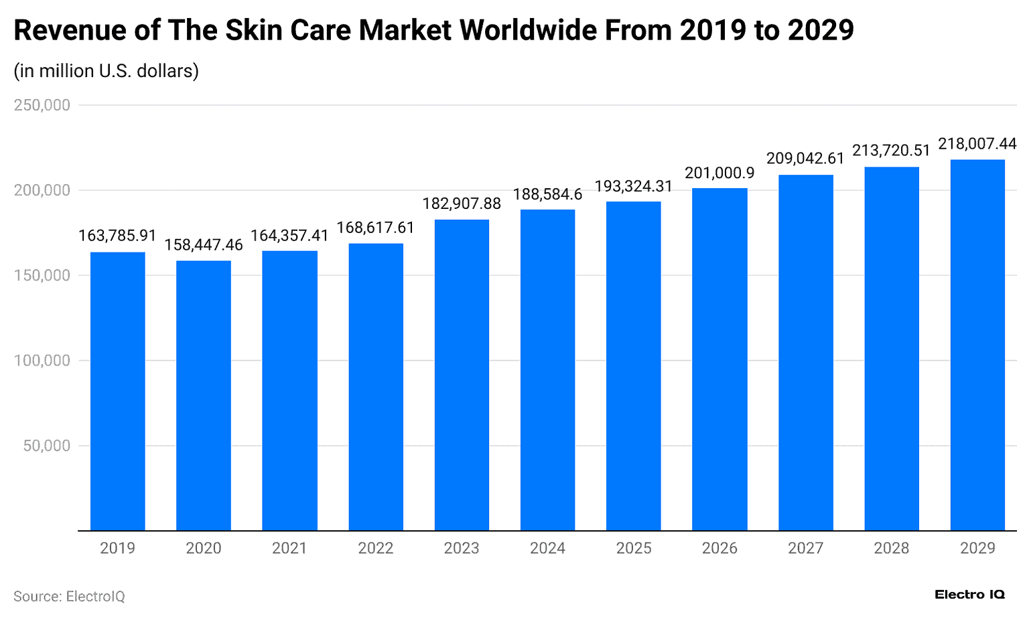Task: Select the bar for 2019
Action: click(x=117, y=391)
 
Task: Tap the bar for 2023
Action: click(x=462, y=375)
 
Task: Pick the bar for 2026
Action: click(x=719, y=360)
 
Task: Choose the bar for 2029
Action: click(x=977, y=345)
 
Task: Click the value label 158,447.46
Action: click(x=204, y=245)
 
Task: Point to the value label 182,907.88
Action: click(x=462, y=204)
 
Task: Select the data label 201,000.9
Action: click(x=719, y=173)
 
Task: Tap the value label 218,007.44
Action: click(x=977, y=144)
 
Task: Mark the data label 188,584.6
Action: click(x=547, y=194)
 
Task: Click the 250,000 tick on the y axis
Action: click(x=42, y=105)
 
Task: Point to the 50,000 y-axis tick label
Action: click(x=46, y=446)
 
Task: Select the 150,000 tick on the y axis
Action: click(x=42, y=276)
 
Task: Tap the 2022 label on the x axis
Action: click(x=375, y=548)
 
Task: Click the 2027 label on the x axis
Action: click(x=805, y=548)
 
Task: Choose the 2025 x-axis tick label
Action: click(x=634, y=548)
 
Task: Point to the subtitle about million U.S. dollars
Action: click(x=106, y=71)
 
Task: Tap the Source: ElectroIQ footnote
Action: click(x=69, y=596)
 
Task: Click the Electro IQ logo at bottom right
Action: click(x=969, y=595)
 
